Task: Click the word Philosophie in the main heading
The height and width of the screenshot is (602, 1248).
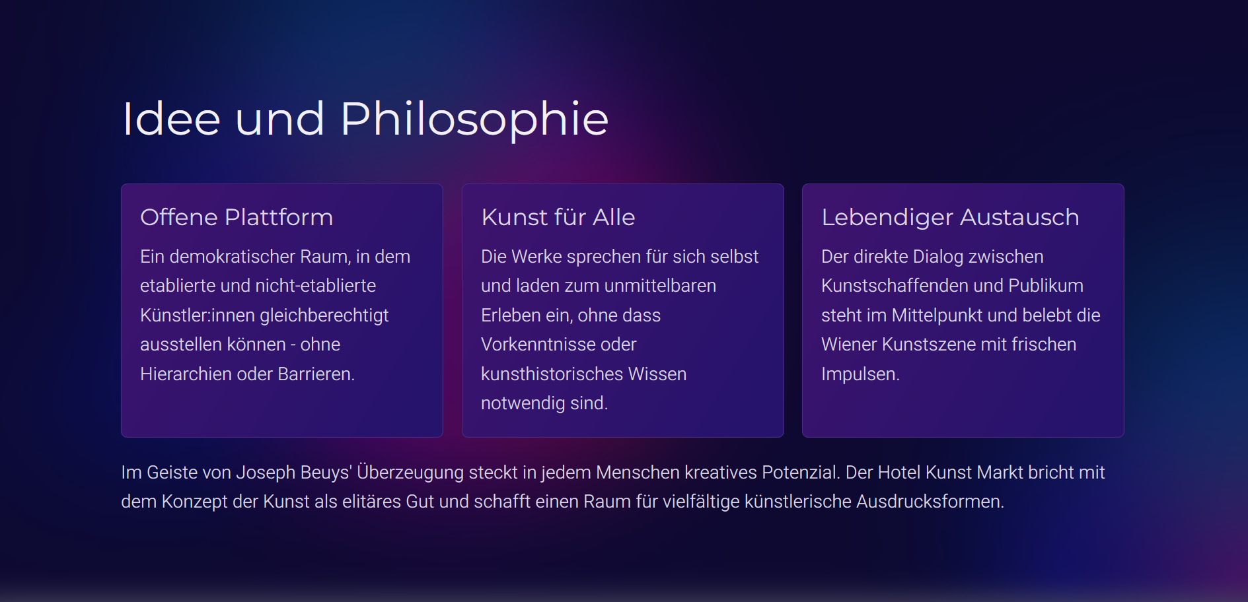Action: click(474, 120)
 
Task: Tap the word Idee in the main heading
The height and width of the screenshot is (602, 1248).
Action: click(171, 119)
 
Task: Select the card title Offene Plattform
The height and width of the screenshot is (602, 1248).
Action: click(237, 217)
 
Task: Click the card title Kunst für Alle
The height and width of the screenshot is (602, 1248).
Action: click(558, 217)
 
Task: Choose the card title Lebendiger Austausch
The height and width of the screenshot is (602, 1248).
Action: click(950, 218)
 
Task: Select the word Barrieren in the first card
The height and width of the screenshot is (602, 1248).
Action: click(316, 374)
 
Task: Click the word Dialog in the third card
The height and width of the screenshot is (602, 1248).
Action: click(938, 256)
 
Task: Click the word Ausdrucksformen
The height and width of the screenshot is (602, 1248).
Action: click(930, 502)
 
